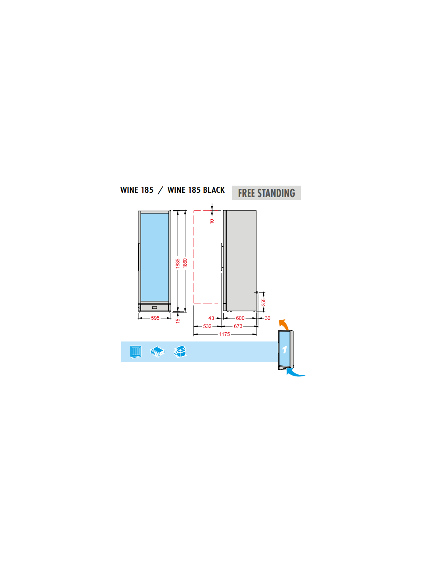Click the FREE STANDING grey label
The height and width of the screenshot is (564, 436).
(266, 193)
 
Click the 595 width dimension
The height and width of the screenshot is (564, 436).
(155, 318)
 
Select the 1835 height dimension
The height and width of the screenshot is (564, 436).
(178, 263)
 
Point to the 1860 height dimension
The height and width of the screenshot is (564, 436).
(185, 263)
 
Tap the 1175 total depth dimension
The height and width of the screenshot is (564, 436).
(224, 334)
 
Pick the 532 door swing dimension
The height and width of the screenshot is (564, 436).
(207, 326)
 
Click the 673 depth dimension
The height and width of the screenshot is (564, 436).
(238, 326)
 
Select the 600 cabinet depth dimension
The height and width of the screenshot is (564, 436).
(240, 318)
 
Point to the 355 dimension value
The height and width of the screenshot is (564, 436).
(264, 302)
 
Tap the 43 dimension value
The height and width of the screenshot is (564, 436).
(211, 318)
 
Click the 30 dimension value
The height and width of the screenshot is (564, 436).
(268, 318)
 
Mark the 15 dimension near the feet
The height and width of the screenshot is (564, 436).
(178, 321)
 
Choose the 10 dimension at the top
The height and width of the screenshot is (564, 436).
(212, 221)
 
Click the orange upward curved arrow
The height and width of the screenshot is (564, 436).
(283, 324)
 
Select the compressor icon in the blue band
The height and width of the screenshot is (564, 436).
(180, 352)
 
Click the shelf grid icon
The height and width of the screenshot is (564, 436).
(136, 352)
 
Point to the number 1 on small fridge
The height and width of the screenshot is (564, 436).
(284, 350)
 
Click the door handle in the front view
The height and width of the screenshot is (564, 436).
(140, 257)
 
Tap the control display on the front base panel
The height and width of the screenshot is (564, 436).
(155, 307)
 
